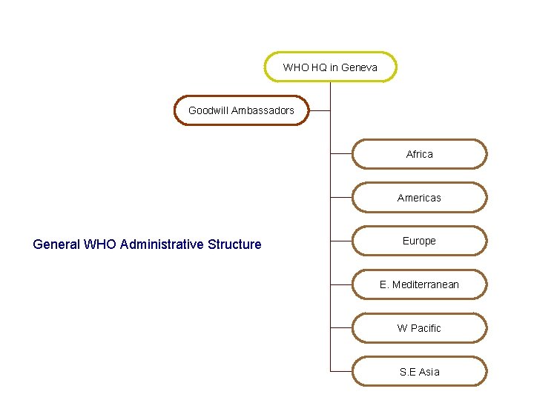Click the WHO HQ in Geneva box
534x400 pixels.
coord(330,67)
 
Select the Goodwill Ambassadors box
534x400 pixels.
coord(241,110)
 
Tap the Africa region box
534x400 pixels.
coord(419,154)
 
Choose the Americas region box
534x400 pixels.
coord(419,198)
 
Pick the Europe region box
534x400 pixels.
coord(419,241)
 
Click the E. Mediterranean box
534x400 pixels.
coord(419,284)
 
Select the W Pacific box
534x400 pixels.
coord(419,328)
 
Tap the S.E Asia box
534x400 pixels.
coord(419,372)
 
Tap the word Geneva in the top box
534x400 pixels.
coord(359,67)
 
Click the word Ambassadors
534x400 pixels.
coord(263,110)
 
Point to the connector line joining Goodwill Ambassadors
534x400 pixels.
coord(319,110)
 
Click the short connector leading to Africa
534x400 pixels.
coord(341,154)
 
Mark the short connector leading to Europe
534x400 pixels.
coord(341,241)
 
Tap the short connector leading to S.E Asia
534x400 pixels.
coord(341,371)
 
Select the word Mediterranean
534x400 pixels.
coord(426,284)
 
